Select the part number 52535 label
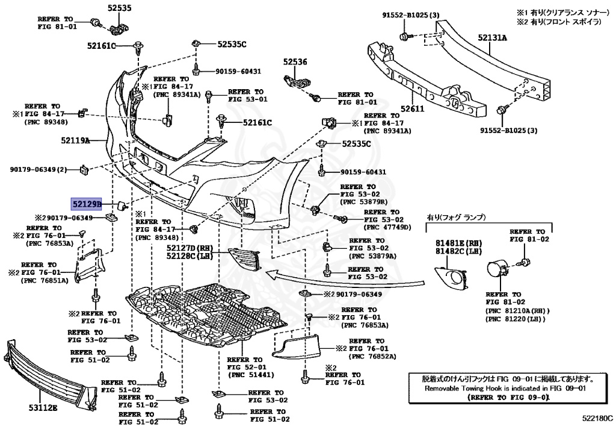119,8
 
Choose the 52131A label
492,38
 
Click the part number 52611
413,109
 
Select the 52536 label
295,61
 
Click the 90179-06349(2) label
38,170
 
